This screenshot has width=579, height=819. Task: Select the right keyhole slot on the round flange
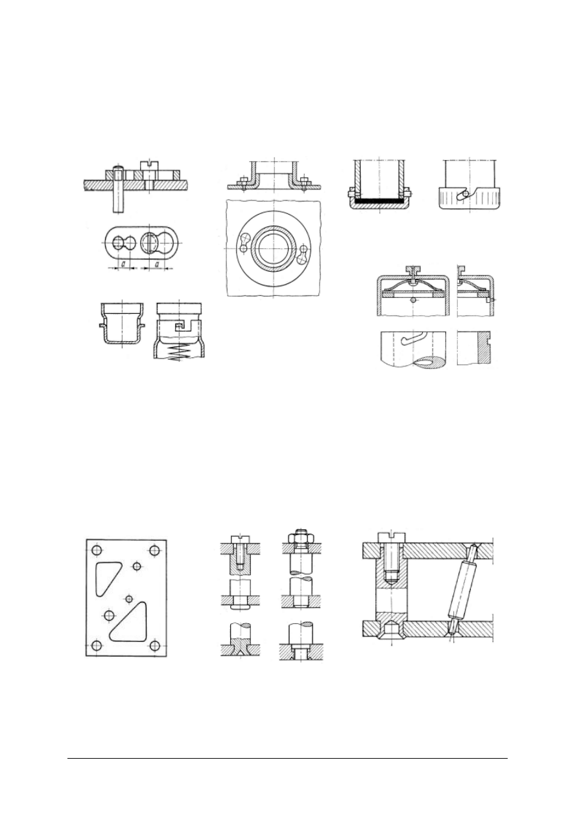[302, 254]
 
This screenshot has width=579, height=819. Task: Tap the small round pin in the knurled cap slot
[461, 193]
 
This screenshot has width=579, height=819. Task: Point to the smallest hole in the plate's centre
[128, 597]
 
